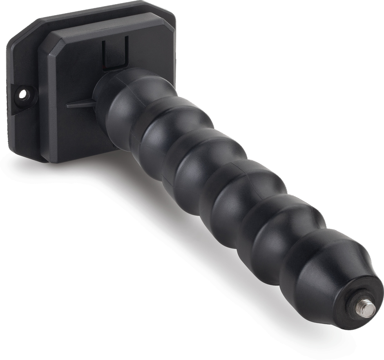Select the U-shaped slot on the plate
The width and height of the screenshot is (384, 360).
115,53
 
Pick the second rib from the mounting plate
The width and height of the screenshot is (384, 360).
163,131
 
